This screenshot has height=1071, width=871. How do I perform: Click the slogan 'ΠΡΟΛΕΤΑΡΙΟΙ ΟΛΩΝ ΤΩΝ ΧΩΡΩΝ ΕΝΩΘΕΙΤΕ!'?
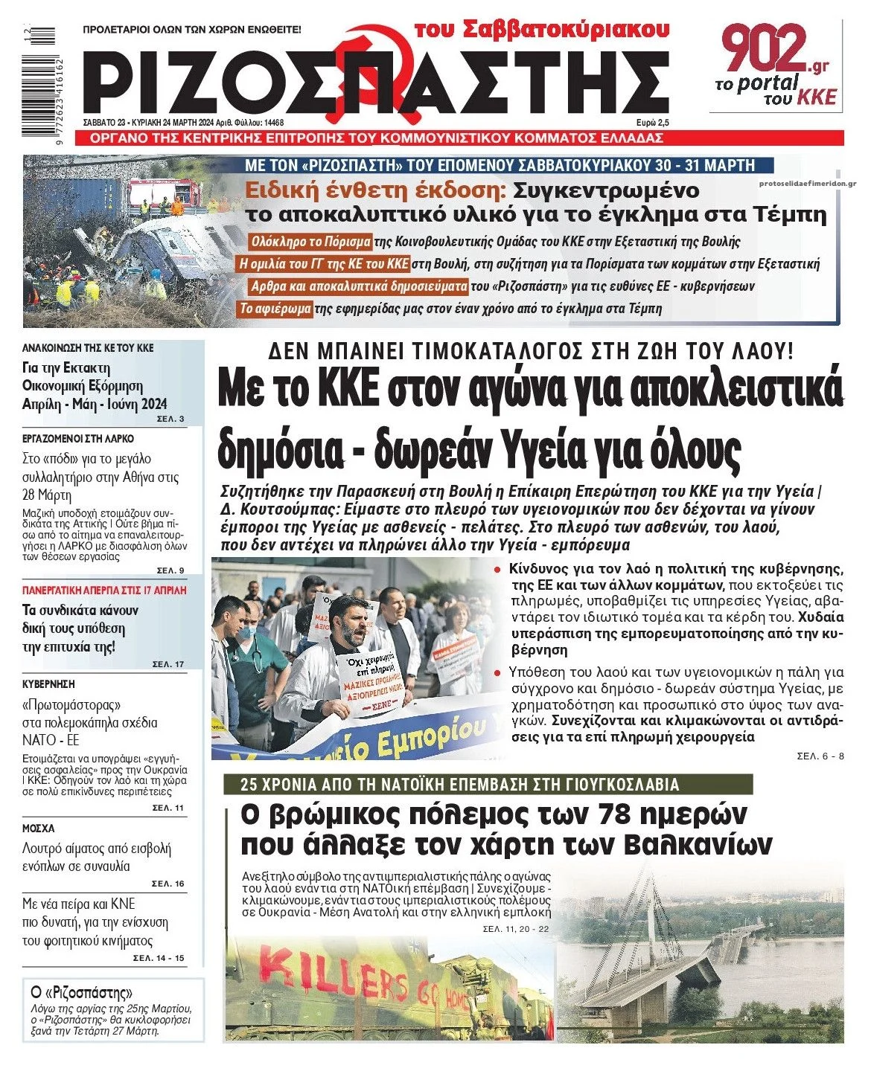[x=192, y=30]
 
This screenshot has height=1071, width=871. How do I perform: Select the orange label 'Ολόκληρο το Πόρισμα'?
[x=310, y=242]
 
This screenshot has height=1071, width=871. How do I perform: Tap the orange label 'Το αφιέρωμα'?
[x=275, y=309]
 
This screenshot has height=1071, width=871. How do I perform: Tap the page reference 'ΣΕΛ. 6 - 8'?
[x=820, y=756]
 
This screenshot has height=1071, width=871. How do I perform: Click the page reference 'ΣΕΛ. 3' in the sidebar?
[x=170, y=419]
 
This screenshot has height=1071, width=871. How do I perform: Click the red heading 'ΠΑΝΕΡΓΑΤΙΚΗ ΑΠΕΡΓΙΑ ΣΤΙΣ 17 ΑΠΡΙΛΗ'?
[x=104, y=591]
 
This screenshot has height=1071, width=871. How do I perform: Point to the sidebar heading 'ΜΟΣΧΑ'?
[x=39, y=828]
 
